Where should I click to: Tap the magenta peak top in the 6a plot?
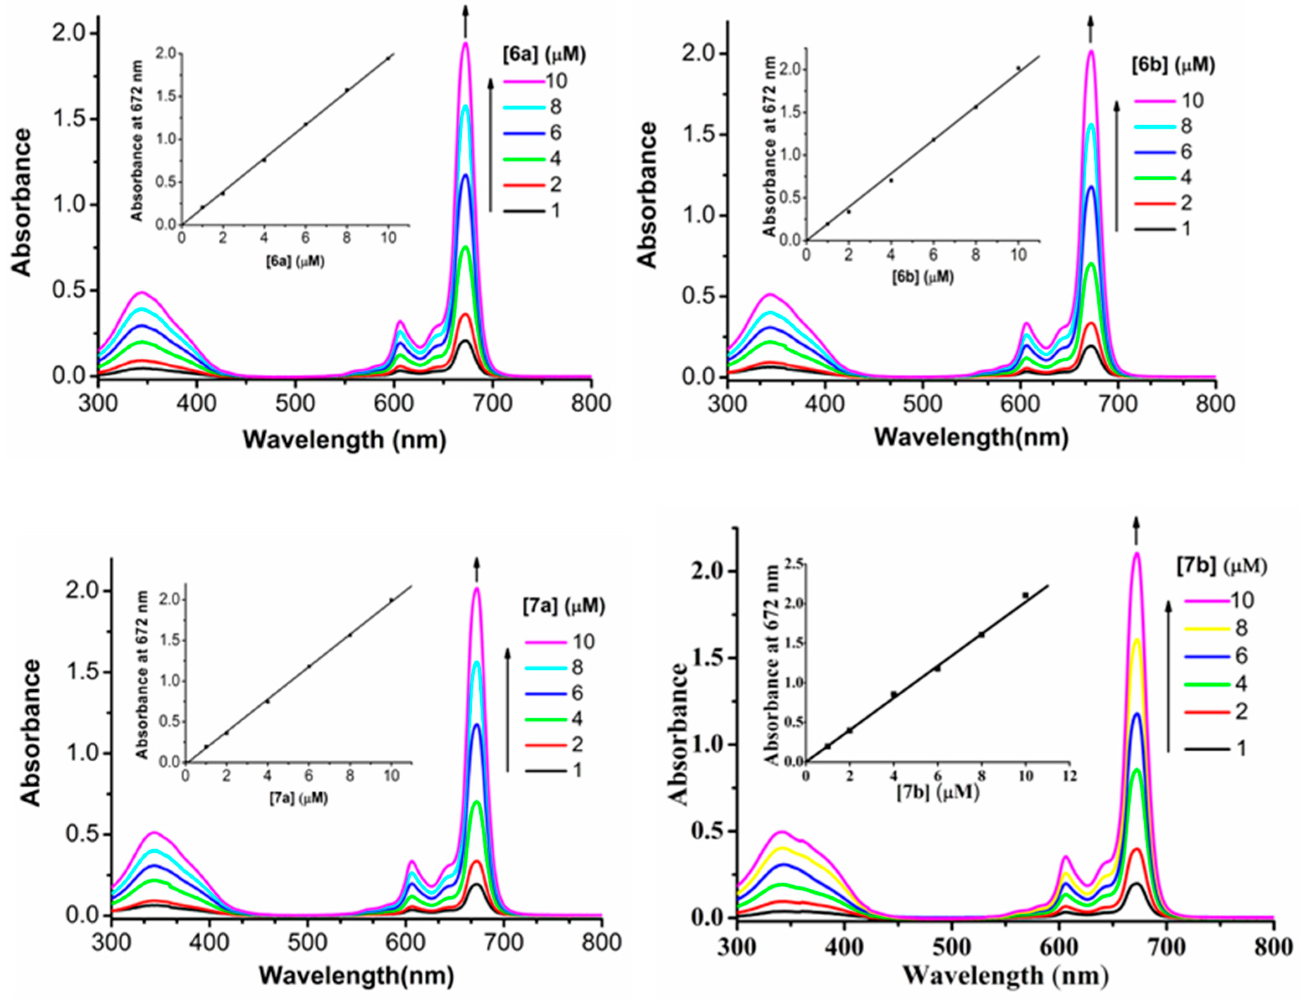pos(465,44)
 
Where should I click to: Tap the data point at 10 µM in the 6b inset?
pos(1018,68)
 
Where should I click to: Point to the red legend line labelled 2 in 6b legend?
pos(1154,204)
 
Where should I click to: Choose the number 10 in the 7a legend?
pos(583,641)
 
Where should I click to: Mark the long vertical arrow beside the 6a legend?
pos(491,144)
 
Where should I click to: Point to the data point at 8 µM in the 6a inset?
pos(347,90)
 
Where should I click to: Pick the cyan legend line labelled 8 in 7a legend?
pos(545,667)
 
